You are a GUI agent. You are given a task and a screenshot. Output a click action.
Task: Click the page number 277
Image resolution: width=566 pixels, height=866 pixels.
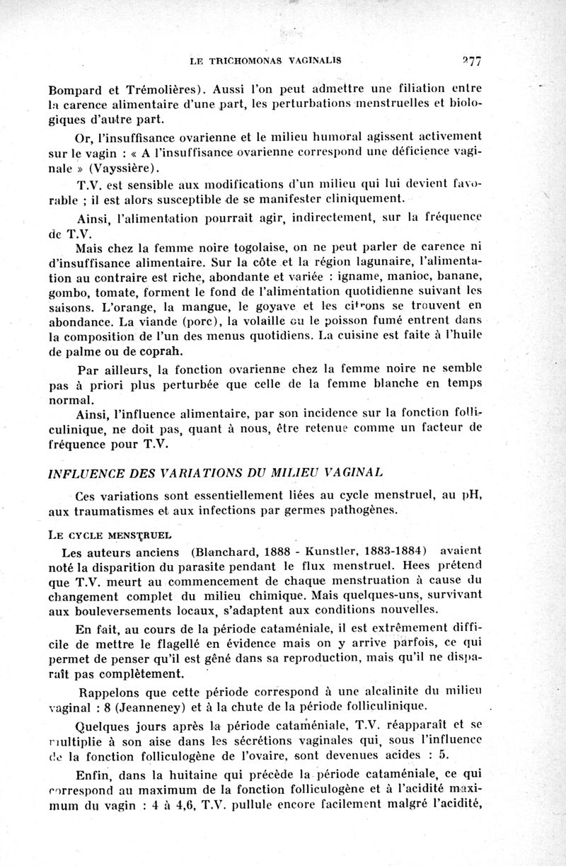(468, 61)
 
